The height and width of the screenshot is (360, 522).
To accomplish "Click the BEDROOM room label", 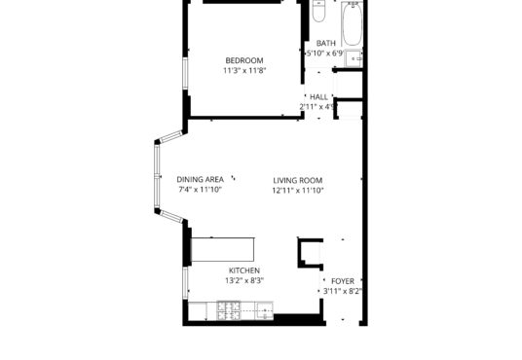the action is (244, 60).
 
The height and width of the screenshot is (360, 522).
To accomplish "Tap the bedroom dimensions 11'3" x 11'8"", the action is (244, 70).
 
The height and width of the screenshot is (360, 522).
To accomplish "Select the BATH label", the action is (326, 43).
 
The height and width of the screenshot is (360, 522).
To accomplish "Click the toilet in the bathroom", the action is (318, 11).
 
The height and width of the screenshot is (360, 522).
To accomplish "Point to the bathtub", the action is (353, 24).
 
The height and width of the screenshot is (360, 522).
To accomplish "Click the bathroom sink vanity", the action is (354, 58).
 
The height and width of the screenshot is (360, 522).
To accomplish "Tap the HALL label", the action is (318, 97).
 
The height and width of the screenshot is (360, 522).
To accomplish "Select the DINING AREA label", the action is (200, 180).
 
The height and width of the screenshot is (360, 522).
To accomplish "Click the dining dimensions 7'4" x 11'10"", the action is (200, 190).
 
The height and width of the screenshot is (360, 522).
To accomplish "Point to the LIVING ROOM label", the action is (298, 181).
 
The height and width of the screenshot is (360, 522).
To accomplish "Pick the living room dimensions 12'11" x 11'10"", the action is (298, 191).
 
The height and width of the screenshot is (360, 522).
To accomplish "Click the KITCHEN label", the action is (244, 270).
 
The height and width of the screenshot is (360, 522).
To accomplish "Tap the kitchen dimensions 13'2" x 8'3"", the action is (244, 280).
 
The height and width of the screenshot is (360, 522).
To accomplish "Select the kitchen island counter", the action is (223, 249).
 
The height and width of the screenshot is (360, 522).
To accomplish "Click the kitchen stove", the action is (228, 310).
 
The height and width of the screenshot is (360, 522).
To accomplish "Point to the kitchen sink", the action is (264, 310).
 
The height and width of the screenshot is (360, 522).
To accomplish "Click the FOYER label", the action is (343, 281).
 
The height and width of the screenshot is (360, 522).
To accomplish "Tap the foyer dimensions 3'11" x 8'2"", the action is (343, 292).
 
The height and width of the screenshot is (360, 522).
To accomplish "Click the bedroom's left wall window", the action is (185, 74).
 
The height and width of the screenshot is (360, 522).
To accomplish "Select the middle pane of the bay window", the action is (157, 176).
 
